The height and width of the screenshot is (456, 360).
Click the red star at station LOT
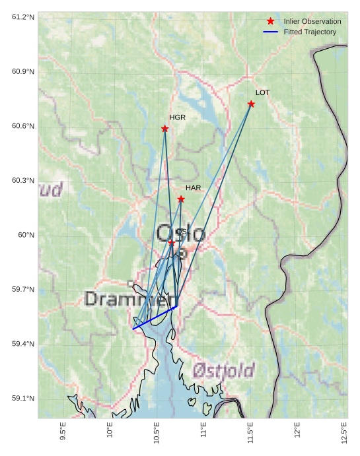251,104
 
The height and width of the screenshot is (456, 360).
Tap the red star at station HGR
164,129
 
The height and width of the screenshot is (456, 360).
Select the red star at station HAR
181,199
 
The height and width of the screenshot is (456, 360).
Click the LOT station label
262,92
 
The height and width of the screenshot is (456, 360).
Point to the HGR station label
177,117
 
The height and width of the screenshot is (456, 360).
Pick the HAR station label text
193,188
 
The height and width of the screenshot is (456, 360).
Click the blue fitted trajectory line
155,317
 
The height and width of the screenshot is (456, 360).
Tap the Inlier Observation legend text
312,22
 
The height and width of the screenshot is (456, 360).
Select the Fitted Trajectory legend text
310,32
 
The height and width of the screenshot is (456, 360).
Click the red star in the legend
270,22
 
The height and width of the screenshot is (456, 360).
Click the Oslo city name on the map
180,234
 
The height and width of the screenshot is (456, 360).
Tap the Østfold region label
223,370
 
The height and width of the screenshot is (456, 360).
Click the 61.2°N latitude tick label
23,16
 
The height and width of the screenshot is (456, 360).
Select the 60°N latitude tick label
26,235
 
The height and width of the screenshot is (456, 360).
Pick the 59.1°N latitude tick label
23,398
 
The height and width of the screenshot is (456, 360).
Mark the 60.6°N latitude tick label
23,126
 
